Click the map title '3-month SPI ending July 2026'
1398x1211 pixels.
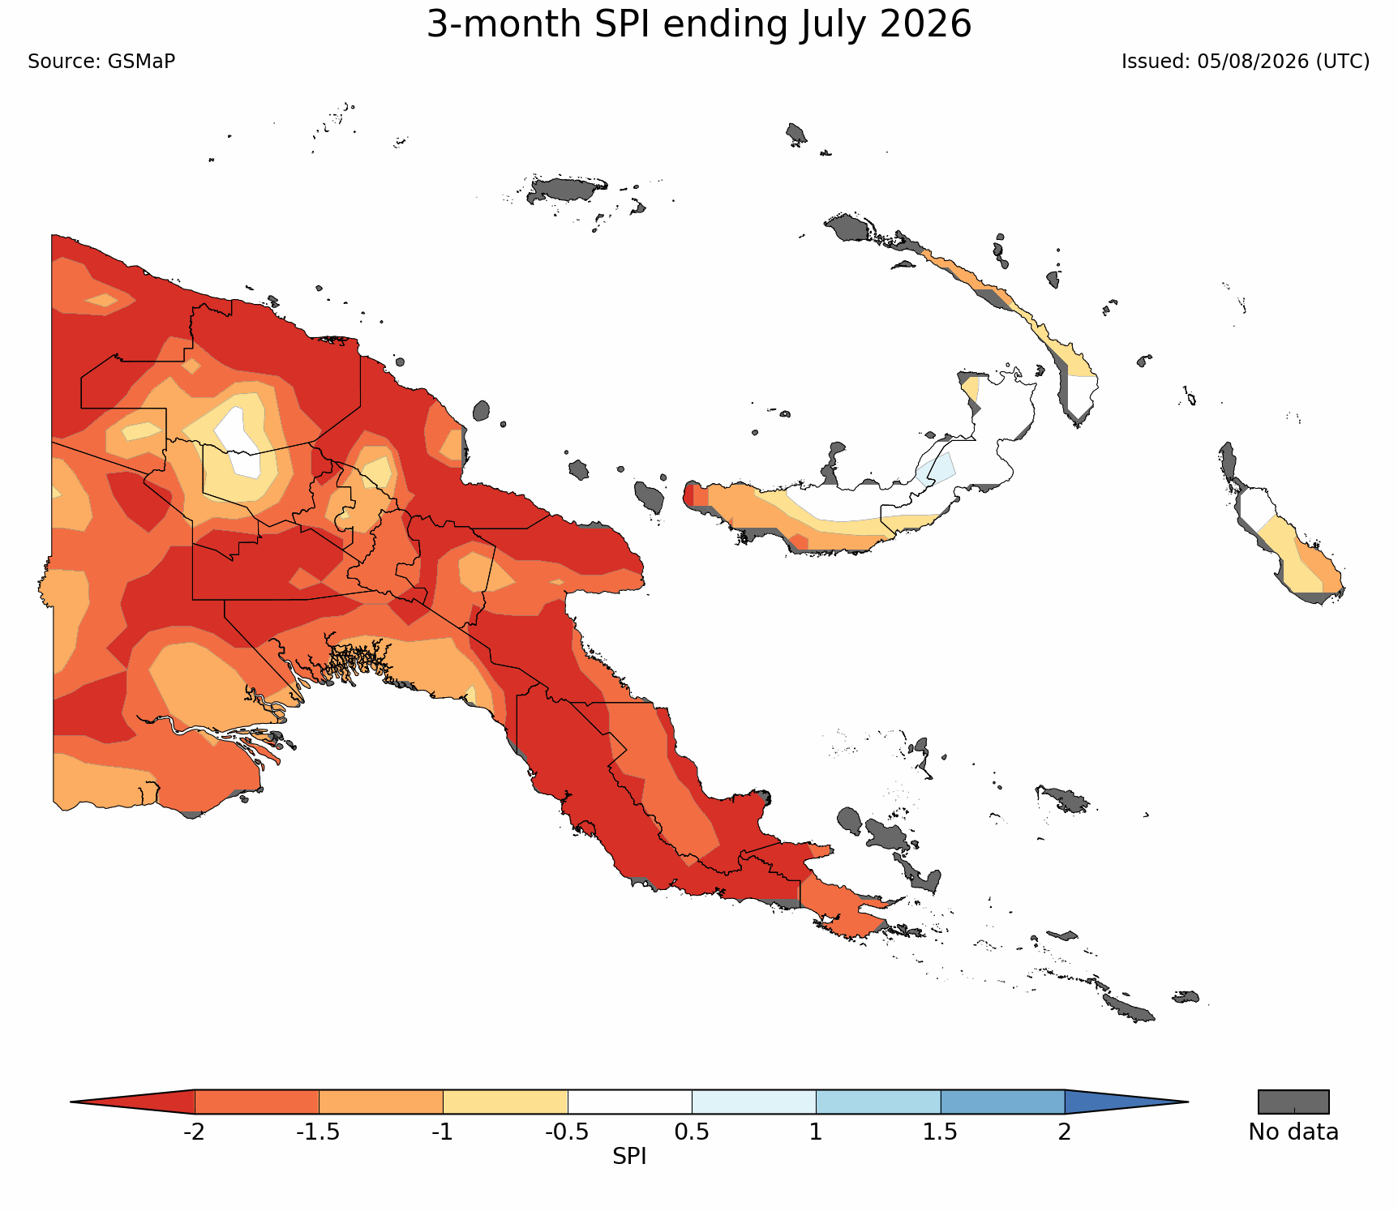coord(699,25)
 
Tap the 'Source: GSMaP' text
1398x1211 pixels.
coord(101,62)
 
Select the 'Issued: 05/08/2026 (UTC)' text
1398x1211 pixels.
coord(1246,62)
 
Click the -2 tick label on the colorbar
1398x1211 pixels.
coord(194,1132)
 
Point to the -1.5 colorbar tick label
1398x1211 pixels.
coord(318,1132)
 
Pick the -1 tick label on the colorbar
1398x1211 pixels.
coord(443,1132)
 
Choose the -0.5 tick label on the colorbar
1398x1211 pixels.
coord(567,1132)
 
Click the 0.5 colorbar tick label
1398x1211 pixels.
coord(692,1132)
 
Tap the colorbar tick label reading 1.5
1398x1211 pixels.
coord(941,1132)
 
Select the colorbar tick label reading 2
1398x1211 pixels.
coord(1065,1132)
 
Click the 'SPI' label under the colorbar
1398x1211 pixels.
coord(629,1157)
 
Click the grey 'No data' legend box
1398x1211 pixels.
coord(1293,1102)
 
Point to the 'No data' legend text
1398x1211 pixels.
coord(1293,1132)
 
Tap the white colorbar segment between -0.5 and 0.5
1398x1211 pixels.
coord(629,1102)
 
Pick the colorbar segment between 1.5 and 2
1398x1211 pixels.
coord(1002,1102)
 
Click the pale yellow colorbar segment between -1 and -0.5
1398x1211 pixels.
coord(505,1102)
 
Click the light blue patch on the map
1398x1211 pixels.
coord(937,469)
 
